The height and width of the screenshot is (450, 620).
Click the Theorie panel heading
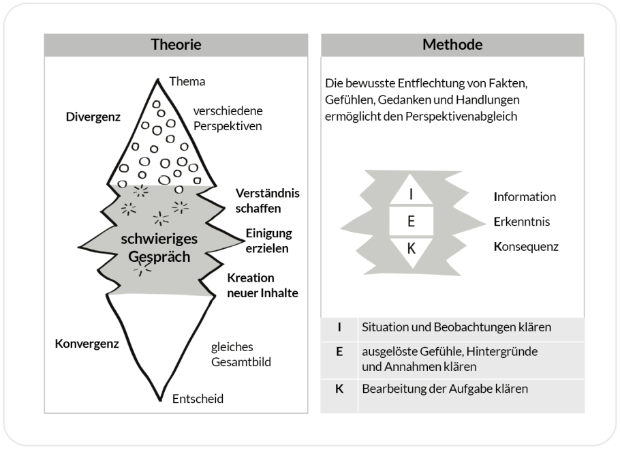176,46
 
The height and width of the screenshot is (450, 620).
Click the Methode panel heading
452,46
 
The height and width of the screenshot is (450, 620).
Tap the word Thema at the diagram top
187,82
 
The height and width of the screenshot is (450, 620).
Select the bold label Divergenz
93,117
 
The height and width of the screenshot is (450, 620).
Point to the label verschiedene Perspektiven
228,118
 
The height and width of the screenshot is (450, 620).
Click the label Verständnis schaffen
267,200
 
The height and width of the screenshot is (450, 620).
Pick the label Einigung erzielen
268,241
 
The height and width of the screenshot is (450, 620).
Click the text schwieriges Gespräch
159,248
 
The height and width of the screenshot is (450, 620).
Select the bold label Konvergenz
87,344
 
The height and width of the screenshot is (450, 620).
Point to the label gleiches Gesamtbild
241,355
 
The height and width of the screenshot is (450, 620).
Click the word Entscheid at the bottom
198,399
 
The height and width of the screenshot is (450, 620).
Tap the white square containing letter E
411,221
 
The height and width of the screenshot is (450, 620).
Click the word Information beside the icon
525,197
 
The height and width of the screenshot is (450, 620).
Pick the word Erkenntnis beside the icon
522,222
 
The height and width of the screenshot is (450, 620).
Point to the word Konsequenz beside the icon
526,246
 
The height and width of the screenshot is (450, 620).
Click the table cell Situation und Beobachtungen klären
456,327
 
